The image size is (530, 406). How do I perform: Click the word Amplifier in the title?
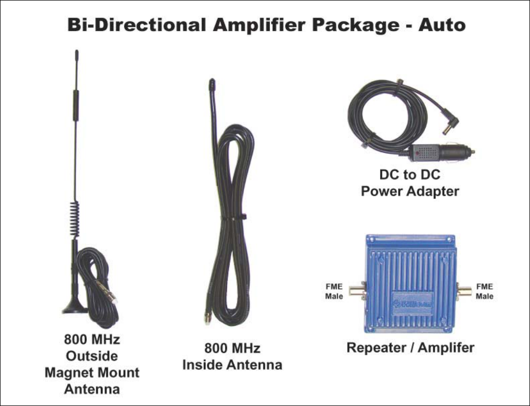pos(255,24)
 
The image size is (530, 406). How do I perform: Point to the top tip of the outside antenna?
pos(77,52)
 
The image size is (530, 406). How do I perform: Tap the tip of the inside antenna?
pos(211,82)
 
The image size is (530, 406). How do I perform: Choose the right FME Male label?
pos(484,291)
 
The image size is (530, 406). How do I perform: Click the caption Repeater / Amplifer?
pos(410,348)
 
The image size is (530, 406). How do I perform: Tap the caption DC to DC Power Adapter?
pos(410,183)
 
